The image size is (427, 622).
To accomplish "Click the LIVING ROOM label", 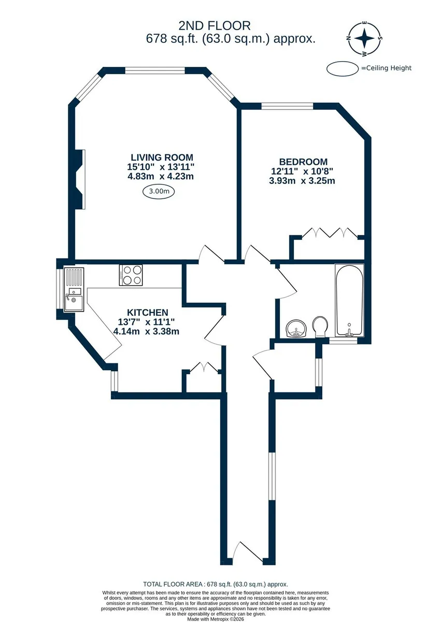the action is click(x=162, y=158).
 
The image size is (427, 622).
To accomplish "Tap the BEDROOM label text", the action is click(x=303, y=162).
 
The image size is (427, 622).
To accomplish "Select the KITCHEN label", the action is click(x=148, y=313).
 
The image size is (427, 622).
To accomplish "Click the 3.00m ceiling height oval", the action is click(x=159, y=191).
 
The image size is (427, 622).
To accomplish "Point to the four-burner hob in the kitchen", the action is click(x=131, y=275).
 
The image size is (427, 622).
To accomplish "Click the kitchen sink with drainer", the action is click(x=74, y=289).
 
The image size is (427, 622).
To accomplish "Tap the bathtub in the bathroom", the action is click(x=349, y=301).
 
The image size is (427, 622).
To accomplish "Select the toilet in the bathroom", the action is click(x=320, y=327).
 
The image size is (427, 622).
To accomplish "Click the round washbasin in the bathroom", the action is click(x=296, y=329).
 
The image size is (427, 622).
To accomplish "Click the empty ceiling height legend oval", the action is click(x=343, y=68).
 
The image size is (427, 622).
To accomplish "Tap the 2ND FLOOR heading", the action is click(x=215, y=26).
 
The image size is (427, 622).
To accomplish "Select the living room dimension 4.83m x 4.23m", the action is click(x=161, y=176).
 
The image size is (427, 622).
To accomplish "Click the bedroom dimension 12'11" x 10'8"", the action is click(x=302, y=171).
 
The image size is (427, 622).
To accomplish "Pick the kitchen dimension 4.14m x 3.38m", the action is click(x=146, y=331).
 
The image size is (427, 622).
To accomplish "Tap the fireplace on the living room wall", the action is click(x=79, y=179).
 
